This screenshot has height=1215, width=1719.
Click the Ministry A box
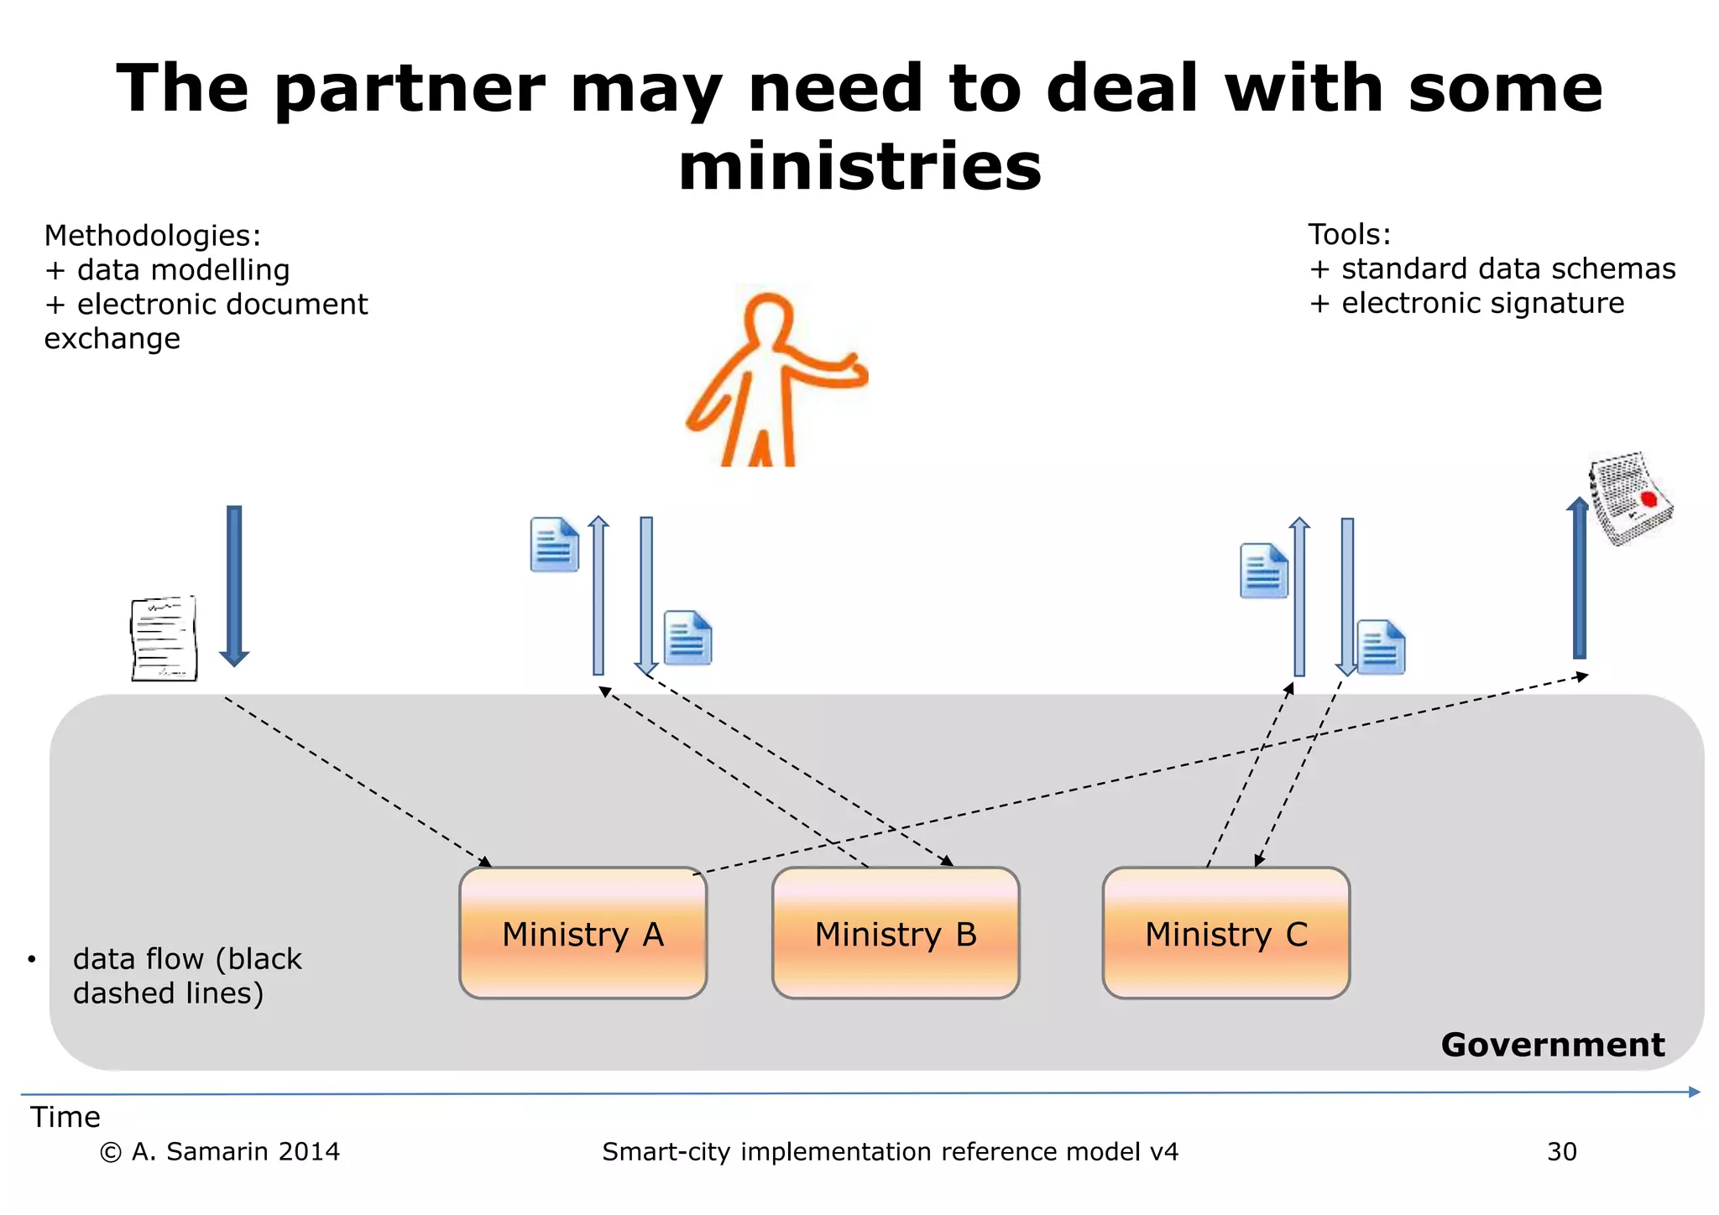(583, 933)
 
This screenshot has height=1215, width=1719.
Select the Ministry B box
(896, 933)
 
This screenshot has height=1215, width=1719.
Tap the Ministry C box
(1225, 933)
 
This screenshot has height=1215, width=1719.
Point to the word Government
(1552, 1045)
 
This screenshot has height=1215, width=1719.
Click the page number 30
(1561, 1151)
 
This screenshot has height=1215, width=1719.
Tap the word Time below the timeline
(65, 1117)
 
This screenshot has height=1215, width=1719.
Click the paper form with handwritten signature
(165, 638)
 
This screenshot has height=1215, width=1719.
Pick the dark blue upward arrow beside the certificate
(1579, 578)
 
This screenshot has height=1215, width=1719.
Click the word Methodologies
(151, 236)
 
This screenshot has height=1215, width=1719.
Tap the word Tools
(1348, 235)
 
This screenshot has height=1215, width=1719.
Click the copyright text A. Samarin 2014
(220, 1151)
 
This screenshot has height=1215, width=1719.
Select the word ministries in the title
(859, 166)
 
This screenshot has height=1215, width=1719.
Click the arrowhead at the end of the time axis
(1694, 1092)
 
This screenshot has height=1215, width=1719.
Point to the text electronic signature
(1482, 303)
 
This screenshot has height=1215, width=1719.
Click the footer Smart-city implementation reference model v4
(890, 1151)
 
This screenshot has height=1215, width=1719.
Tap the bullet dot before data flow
(31, 959)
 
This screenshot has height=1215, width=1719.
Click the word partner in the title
(410, 89)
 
